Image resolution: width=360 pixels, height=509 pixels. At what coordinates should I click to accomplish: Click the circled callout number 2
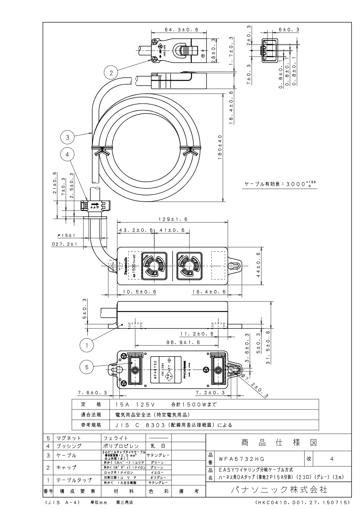[x=111, y=73]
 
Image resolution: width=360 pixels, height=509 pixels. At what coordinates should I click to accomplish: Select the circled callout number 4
[x=67, y=154]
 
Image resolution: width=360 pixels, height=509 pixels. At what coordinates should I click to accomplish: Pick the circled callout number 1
[x=87, y=345]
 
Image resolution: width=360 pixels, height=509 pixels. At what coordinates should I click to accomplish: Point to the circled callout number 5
[x=87, y=367]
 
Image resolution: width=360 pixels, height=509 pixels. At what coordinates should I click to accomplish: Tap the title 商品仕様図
[x=279, y=443]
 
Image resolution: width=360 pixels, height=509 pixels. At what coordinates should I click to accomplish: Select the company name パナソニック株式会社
[x=279, y=489]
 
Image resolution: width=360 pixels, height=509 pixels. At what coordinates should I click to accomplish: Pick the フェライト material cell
[x=116, y=438]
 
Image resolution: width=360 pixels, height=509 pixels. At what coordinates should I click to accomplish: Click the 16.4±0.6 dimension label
[x=209, y=292]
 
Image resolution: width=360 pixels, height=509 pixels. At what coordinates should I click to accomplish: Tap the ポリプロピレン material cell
[x=121, y=446]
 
